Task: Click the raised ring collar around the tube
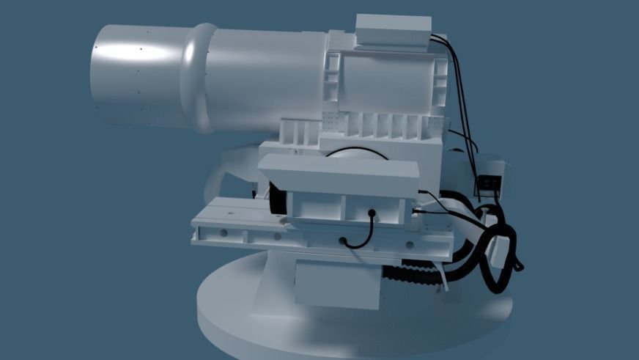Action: pos(196,78)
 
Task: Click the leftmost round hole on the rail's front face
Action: pos(220,232)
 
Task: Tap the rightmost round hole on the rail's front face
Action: pos(409,244)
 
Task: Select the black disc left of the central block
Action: pos(278,198)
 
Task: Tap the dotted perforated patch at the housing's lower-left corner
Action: pos(333,120)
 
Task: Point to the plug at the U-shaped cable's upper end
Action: pos(372,214)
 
